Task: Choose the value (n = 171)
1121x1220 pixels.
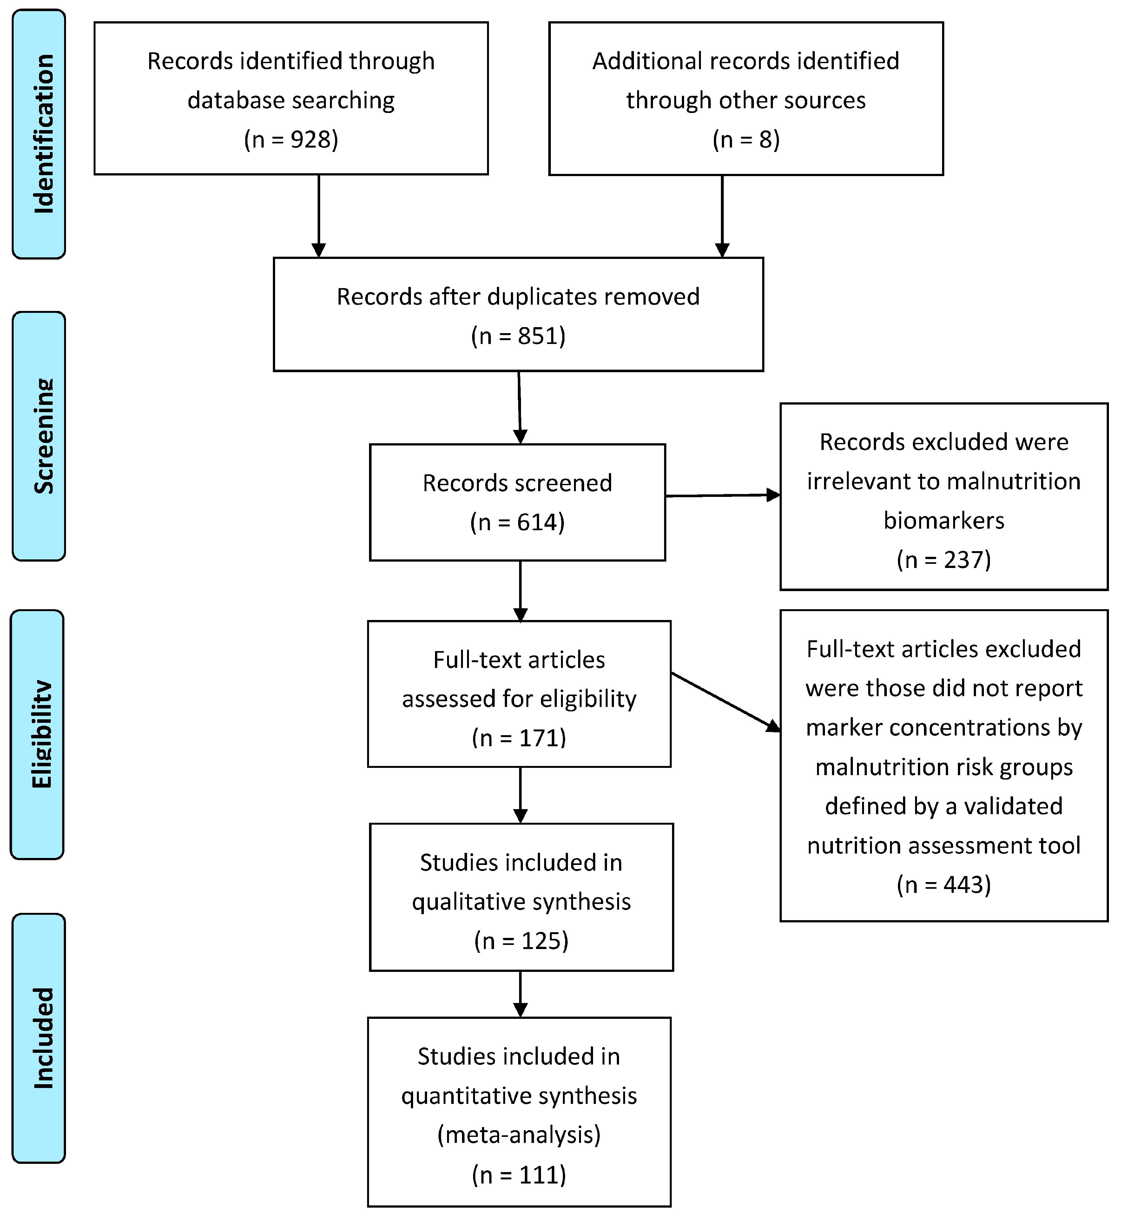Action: coord(519,738)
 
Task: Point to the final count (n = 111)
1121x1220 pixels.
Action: coord(519,1175)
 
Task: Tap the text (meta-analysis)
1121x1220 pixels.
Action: coord(519,1134)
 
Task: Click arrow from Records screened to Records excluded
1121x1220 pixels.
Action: coord(722,496)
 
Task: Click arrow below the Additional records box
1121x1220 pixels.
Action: coord(722,215)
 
